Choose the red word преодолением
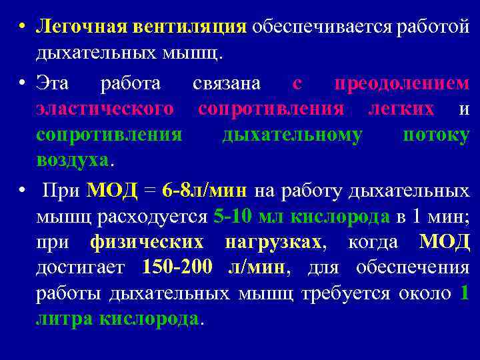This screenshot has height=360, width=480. [401, 83]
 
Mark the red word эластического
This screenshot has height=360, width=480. [105, 109]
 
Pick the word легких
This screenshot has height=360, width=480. [401, 109]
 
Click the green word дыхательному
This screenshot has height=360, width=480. [293, 134]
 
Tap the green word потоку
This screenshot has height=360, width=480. [436, 134]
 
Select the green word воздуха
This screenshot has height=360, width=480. [72, 160]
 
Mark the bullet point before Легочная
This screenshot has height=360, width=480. [22, 27]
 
